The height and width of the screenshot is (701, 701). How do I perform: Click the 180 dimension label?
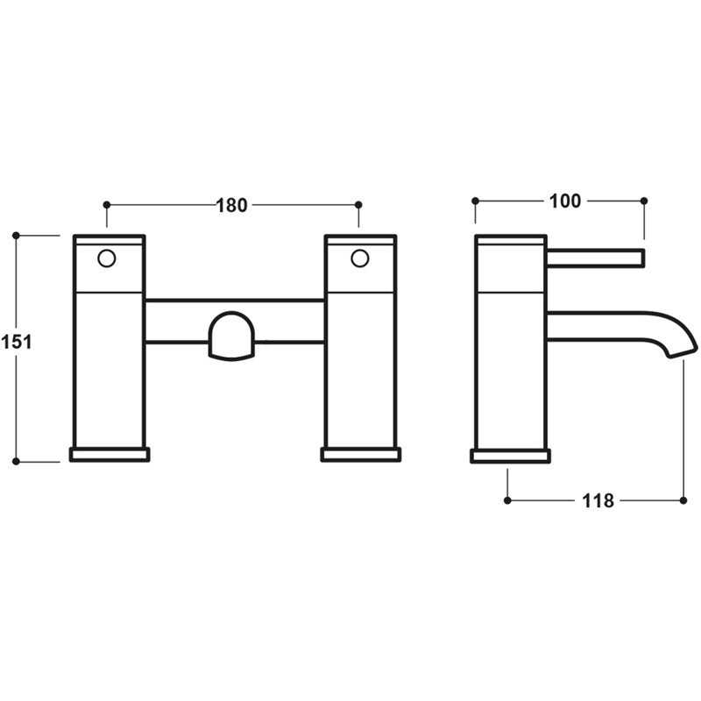point(232,205)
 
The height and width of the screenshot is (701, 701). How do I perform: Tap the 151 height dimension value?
point(17,342)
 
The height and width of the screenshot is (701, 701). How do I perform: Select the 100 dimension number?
point(565,201)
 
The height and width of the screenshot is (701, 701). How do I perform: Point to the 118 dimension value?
point(598,500)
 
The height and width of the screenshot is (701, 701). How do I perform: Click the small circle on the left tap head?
point(107,258)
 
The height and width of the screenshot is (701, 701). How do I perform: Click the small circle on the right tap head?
point(359,258)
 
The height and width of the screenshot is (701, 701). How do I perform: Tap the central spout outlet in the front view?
point(232,336)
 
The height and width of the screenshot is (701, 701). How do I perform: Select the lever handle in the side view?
point(596,258)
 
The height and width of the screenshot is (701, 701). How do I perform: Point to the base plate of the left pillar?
point(110,454)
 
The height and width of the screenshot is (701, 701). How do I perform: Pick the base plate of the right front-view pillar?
point(361,454)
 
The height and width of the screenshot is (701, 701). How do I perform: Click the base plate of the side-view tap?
point(511,455)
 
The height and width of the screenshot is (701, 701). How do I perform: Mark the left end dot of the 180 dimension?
point(107,205)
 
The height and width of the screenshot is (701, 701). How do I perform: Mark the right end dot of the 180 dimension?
point(358,205)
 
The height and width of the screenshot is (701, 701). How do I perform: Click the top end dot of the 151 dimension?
point(17,235)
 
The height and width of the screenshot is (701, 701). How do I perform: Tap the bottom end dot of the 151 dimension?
point(17,461)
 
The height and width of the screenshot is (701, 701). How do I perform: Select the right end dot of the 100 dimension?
point(644,201)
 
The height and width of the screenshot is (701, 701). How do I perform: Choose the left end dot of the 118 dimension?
point(507,500)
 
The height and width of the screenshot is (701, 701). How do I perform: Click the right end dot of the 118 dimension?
point(683,500)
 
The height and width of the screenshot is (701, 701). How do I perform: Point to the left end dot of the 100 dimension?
point(475,201)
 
